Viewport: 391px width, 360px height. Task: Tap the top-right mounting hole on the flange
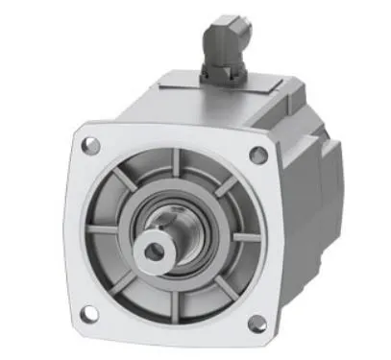pos(257,154)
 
